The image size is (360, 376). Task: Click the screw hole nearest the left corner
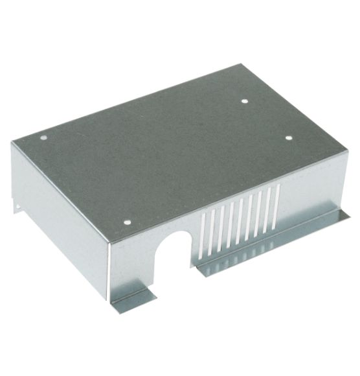[43, 137]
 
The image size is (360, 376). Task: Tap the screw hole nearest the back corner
[244, 100]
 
